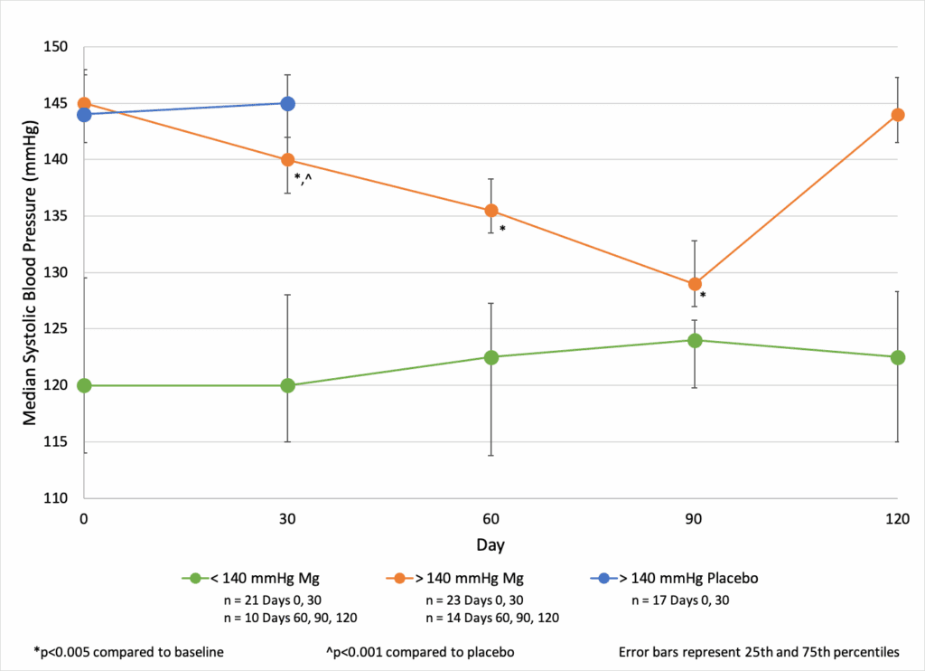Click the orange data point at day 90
[695, 284]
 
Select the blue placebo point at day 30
[287, 103]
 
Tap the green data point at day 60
[491, 357]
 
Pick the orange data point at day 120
[897, 115]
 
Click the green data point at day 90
[695, 340]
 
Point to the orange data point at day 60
[491, 211]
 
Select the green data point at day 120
[897, 357]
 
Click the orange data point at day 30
[287, 160]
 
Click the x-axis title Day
[491, 545]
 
